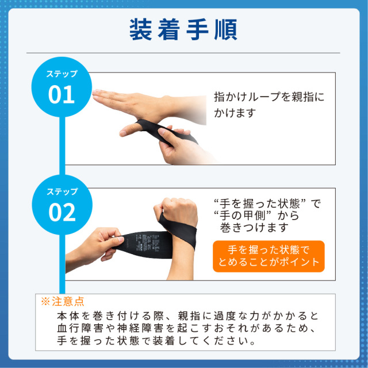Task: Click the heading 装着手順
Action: (183, 29)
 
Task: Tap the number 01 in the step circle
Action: (62, 94)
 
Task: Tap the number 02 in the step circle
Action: (62, 212)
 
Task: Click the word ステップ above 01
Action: (62, 74)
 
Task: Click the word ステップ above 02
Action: (62, 191)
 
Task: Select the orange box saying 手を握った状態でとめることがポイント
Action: (269, 256)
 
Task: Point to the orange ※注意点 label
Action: (63, 301)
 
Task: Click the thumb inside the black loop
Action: (129, 129)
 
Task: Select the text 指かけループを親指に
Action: (269, 97)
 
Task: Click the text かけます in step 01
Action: (235, 113)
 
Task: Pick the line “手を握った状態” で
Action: (267, 204)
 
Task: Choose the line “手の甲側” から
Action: (256, 216)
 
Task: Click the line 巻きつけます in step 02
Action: (254, 227)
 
